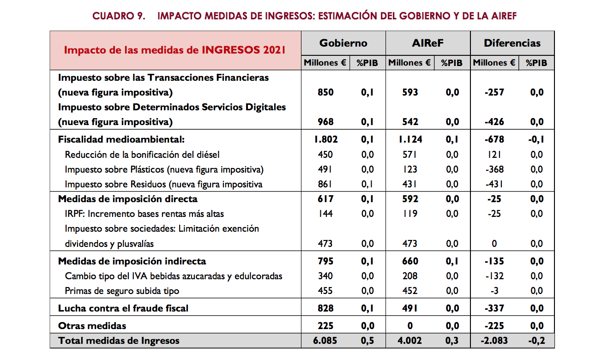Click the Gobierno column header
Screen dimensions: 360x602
[x=343, y=43]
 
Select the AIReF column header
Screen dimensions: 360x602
[x=427, y=43]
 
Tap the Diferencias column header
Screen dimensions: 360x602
[x=512, y=43]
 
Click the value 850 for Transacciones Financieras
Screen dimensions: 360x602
[x=325, y=92]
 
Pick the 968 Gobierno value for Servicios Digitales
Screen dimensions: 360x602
[x=325, y=122]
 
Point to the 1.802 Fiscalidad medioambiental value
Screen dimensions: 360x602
[x=325, y=139]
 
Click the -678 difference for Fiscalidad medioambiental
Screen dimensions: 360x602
[x=494, y=139]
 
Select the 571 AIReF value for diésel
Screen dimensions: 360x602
[x=410, y=155]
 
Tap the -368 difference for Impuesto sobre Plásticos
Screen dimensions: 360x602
[x=494, y=169]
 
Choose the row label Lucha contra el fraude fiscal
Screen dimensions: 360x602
[x=123, y=308]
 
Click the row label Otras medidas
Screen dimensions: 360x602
[x=92, y=326]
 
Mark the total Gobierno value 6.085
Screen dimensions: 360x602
[x=325, y=341]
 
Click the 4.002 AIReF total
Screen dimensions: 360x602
[x=410, y=341]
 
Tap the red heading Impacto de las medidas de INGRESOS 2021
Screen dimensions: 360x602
[x=175, y=50]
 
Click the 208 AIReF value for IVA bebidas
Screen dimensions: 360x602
[x=410, y=276]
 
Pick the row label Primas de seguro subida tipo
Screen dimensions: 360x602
[x=122, y=291]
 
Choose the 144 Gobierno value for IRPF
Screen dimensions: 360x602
[x=325, y=214]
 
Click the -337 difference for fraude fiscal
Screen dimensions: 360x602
[x=494, y=308]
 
